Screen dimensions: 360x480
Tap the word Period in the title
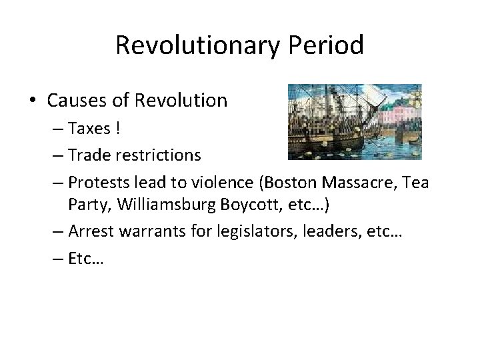pyautogui.click(x=327, y=45)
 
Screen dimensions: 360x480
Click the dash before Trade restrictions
pyautogui.click(x=55, y=156)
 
